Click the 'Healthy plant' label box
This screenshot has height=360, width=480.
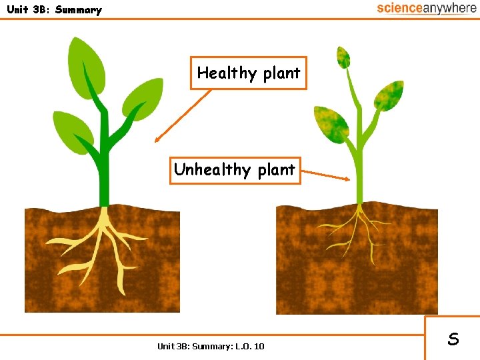pyautogui.click(x=249, y=73)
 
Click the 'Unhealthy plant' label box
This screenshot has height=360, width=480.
pyautogui.click(x=234, y=169)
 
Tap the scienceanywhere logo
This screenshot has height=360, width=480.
pyautogui.click(x=427, y=8)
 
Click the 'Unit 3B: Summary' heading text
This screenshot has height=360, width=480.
pyautogui.click(x=54, y=9)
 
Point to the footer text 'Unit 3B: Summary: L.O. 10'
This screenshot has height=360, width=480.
pyautogui.click(x=211, y=345)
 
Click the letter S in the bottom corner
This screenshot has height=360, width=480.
pyautogui.click(x=453, y=339)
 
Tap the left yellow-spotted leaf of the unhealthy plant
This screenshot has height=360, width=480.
pyautogui.click(x=332, y=123)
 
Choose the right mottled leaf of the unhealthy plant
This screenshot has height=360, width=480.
pyautogui.click(x=387, y=95)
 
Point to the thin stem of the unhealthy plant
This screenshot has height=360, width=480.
pyautogui.click(x=359, y=173)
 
